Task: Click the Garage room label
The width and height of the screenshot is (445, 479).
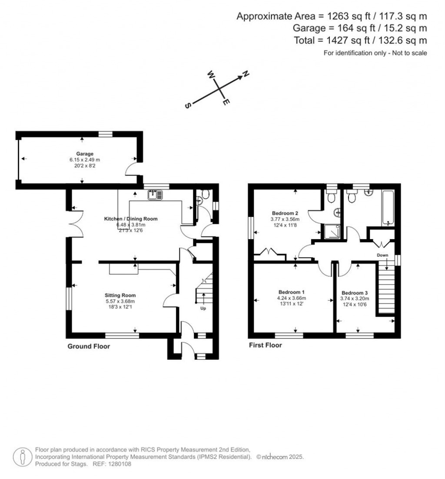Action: pos(85,154)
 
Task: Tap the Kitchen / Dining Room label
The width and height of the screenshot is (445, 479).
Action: pos(131,219)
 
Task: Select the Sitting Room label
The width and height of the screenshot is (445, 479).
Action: pos(120,295)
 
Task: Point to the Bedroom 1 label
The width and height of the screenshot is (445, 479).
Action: pos(291,292)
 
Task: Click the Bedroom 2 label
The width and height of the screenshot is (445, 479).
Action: pos(285,213)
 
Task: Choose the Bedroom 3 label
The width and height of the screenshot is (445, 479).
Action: pos(355,293)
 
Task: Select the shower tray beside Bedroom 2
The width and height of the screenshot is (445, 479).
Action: pos(331,232)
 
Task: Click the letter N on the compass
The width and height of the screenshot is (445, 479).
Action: pos(246,74)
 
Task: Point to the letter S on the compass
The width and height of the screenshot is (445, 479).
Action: pos(188,106)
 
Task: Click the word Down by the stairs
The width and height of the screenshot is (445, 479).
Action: pos(382,255)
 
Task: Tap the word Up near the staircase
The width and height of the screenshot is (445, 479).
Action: pos(203,308)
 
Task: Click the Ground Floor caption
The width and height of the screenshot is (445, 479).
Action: pos(89,346)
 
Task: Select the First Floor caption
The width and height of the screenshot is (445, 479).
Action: pos(266,345)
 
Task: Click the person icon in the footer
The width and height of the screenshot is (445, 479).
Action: pos(23,457)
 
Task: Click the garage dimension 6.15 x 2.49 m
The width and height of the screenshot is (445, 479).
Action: pos(85,160)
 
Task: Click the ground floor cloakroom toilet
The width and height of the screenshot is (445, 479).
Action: pos(205,194)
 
